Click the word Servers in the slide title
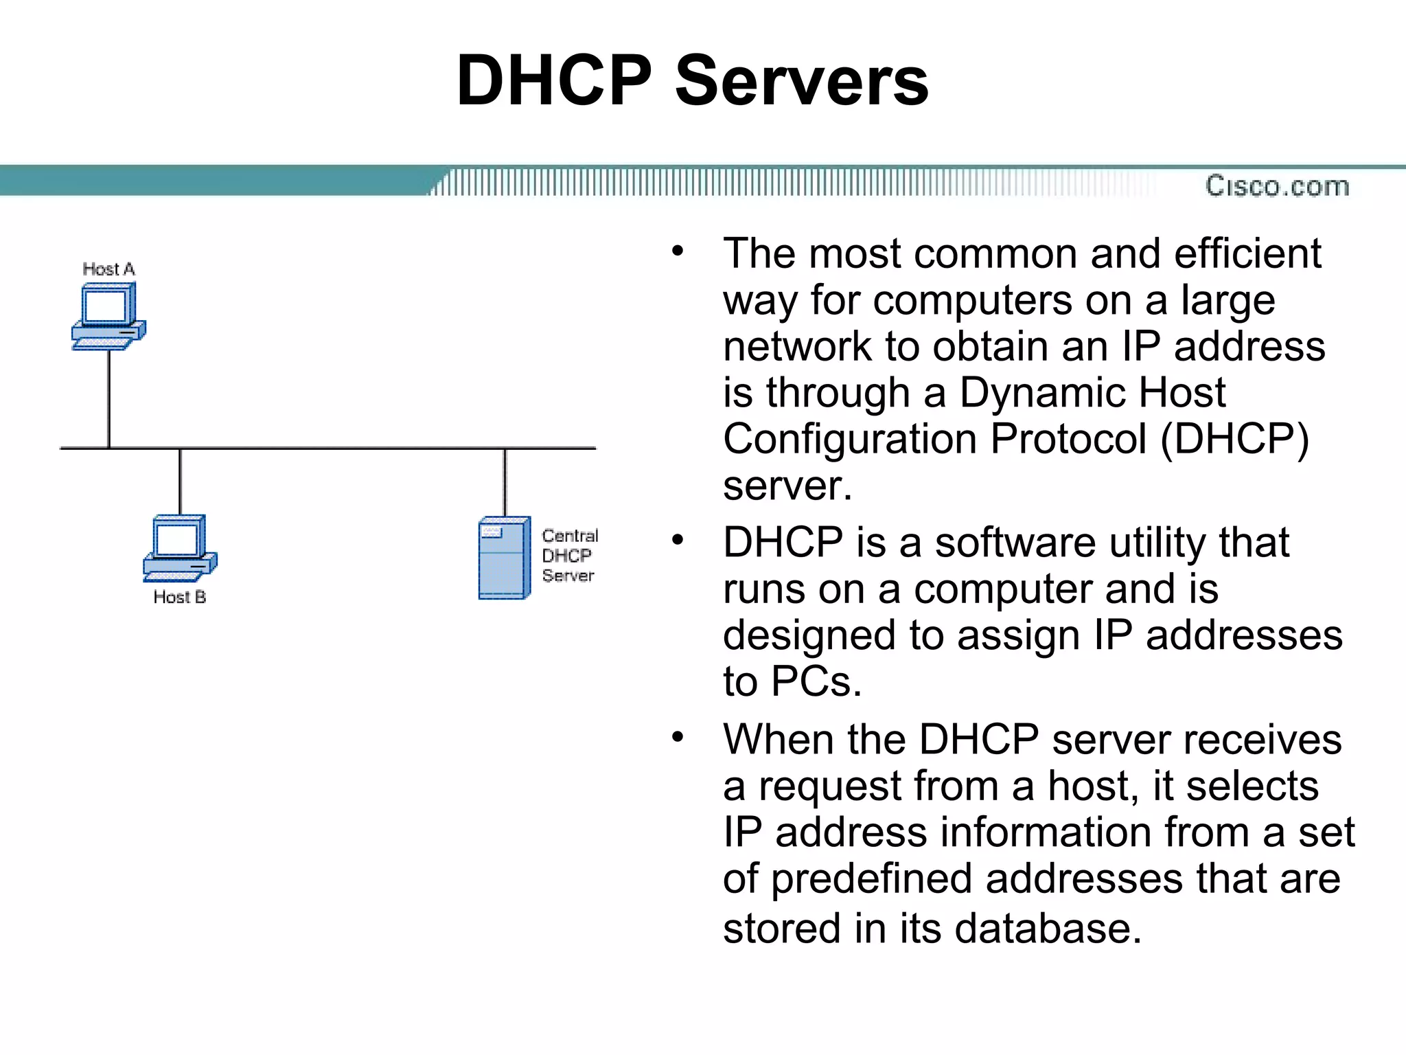click(x=801, y=81)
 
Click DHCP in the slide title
click(x=553, y=81)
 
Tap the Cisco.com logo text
click(x=1277, y=186)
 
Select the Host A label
click(x=108, y=269)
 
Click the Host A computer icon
click(x=108, y=316)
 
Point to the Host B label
click(x=179, y=597)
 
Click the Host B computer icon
click(x=180, y=547)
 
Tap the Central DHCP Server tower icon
click(x=504, y=558)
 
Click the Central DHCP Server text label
click(x=569, y=555)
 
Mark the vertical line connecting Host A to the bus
click(x=108, y=398)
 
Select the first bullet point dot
click(x=678, y=251)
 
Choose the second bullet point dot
click(x=678, y=540)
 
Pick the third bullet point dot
click(x=678, y=737)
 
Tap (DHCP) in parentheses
click(x=1234, y=439)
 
